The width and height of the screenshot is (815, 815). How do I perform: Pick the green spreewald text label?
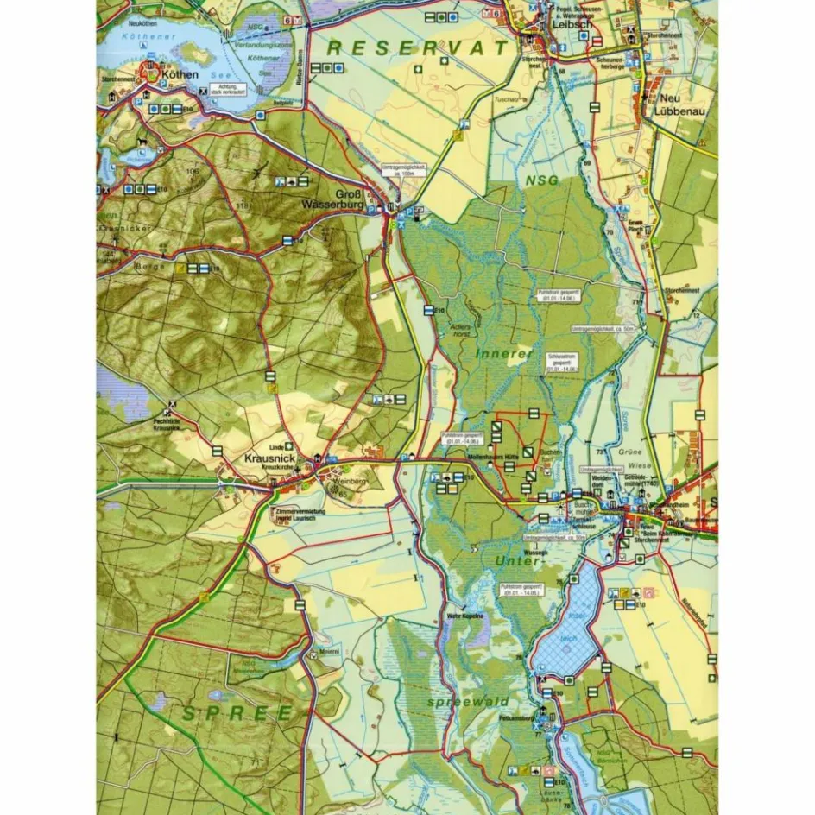[467, 702]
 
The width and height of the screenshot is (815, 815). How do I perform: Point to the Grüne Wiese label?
[633, 457]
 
